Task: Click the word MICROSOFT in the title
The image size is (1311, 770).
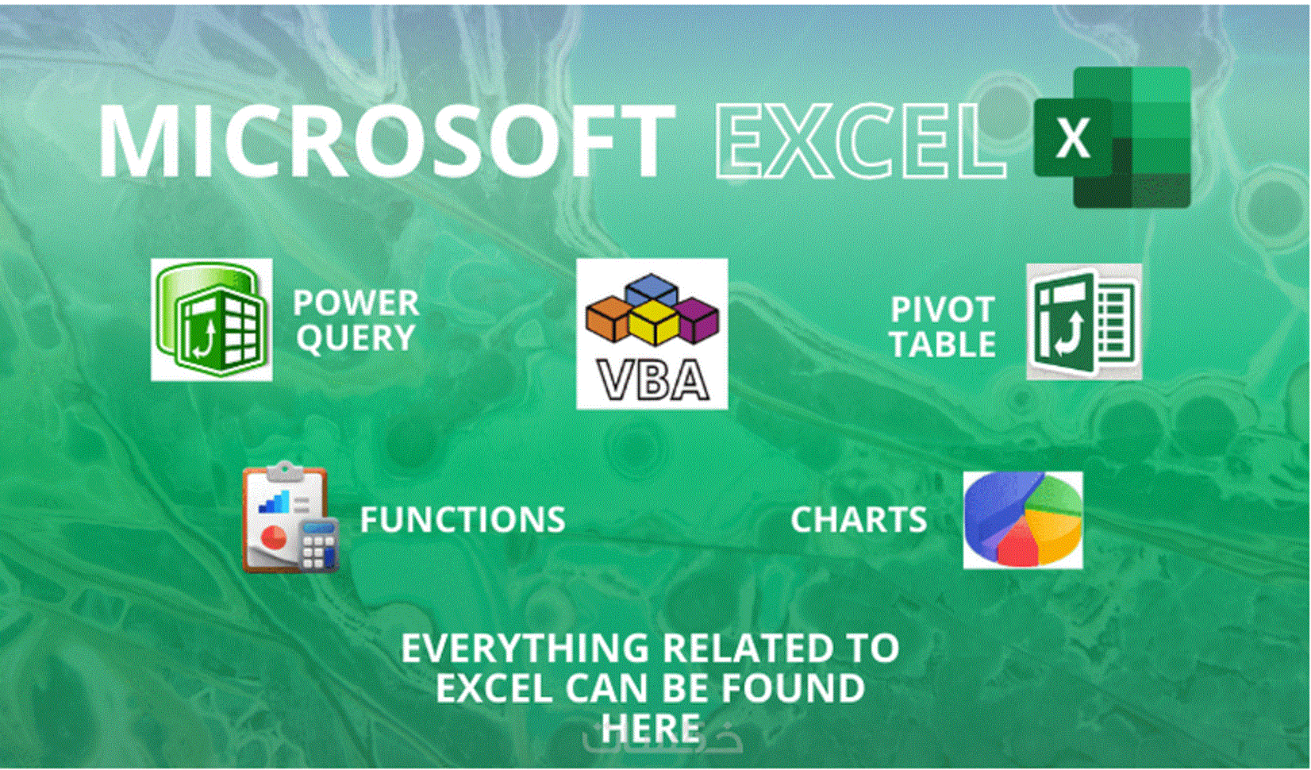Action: click(x=386, y=141)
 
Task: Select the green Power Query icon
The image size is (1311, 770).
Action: click(x=211, y=320)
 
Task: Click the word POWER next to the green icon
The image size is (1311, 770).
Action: click(x=356, y=303)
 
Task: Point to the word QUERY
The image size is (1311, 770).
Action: click(x=356, y=339)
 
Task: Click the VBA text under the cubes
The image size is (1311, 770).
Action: click(x=652, y=380)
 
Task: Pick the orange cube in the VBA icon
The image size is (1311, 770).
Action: click(x=608, y=318)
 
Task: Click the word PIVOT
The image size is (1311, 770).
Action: click(x=942, y=310)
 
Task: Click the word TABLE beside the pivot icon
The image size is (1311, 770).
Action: click(x=942, y=345)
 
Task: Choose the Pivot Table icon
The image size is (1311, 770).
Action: click(x=1083, y=322)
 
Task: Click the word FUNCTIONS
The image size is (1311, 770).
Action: click(x=462, y=520)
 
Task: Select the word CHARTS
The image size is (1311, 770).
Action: click(x=858, y=520)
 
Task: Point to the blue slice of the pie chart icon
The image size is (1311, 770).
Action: click(x=992, y=508)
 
